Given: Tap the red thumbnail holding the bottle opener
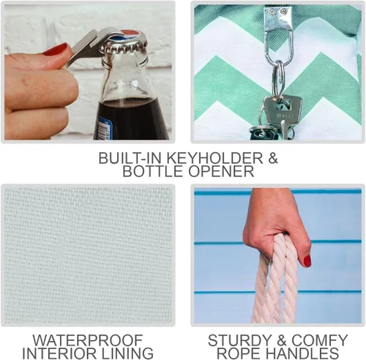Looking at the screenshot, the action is coord(56,49).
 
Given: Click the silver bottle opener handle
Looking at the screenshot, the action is coord(81,49).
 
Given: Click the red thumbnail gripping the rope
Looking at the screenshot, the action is coord(307,260).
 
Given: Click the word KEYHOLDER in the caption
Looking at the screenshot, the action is coord(214,158).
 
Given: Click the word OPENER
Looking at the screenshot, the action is coord(221,171).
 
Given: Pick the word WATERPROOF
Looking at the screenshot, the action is coord(88,340).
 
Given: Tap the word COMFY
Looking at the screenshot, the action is coord(320,340).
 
